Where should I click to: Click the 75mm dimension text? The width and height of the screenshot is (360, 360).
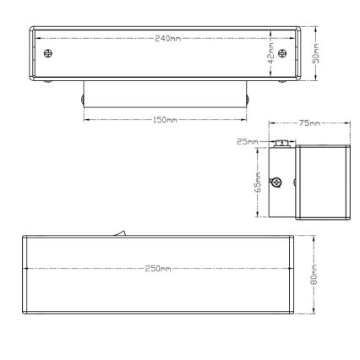[x=310, y=124]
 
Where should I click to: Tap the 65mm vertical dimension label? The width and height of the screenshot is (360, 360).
[x=259, y=183]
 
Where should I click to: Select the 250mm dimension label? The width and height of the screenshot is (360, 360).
[x=158, y=268]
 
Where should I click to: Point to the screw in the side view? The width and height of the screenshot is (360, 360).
[x=276, y=180]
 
